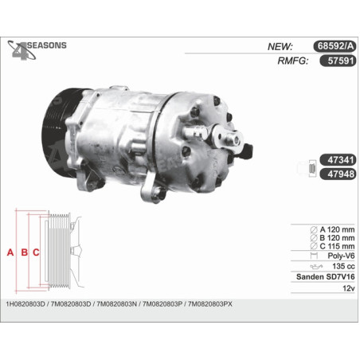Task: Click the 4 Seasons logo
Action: point(37,50)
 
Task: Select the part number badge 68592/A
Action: point(335,46)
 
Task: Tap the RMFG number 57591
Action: point(338,61)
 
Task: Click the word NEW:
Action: point(280,47)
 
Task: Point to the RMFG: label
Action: point(293,61)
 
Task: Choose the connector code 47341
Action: point(338,160)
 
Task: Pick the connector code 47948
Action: point(338,174)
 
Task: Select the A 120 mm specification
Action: point(332,229)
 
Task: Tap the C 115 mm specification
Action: point(332,246)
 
